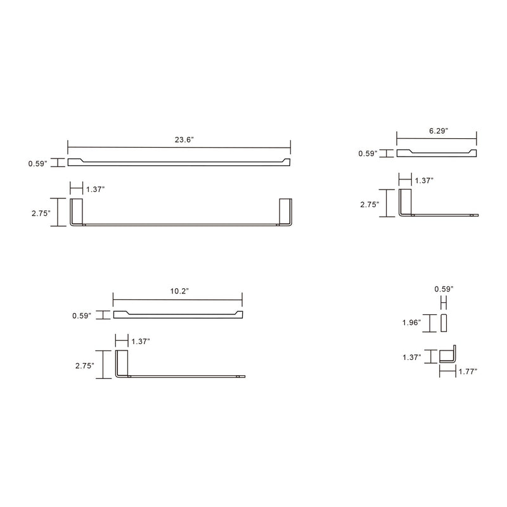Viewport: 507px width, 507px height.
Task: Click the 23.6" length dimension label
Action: pyautogui.click(x=184, y=140)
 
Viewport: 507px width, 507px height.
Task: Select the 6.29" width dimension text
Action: pyautogui.click(x=438, y=131)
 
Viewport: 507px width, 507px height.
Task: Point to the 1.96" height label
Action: pyautogui.click(x=412, y=323)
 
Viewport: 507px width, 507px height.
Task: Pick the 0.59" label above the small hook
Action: pyautogui.click(x=444, y=289)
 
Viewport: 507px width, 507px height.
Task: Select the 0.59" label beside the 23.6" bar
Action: pyautogui.click(x=37, y=163)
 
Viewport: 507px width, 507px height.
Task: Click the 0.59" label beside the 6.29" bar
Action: pyautogui.click(x=368, y=153)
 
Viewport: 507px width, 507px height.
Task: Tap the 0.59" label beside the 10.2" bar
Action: pyautogui.click(x=82, y=315)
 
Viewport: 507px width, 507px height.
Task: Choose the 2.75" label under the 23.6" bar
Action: pyautogui.click(x=41, y=214)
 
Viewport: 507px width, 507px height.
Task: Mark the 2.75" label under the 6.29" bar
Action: pyautogui.click(x=369, y=205)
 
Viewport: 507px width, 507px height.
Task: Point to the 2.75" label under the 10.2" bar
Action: pyautogui.click(x=85, y=366)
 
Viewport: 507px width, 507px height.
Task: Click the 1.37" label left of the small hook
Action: pyautogui.click(x=412, y=357)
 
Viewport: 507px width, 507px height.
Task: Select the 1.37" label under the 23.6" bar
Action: pyautogui.click(x=95, y=189)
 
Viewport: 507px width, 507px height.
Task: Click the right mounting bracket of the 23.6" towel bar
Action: pyautogui.click(x=285, y=212)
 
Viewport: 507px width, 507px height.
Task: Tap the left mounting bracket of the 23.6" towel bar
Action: pyautogui.click(x=76, y=212)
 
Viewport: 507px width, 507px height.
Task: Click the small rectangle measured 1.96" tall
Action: pyautogui.click(x=444, y=323)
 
